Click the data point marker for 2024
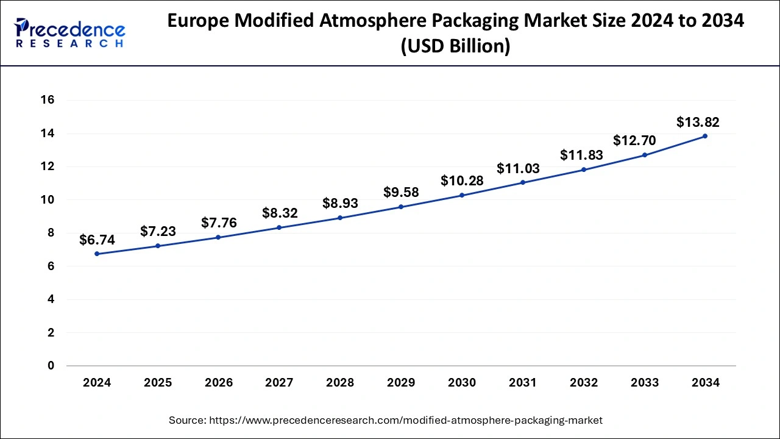click(97, 254)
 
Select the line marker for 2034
click(705, 136)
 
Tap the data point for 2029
click(401, 207)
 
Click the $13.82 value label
click(698, 122)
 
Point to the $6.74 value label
click(97, 240)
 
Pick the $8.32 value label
click(280, 213)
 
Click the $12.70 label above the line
click(634, 140)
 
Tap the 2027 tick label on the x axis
click(280, 383)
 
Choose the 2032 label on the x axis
click(584, 383)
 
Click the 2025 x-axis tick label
click(158, 383)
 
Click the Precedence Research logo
click(70, 32)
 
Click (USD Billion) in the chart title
click(455, 46)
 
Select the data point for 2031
click(523, 182)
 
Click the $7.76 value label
click(219, 223)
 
